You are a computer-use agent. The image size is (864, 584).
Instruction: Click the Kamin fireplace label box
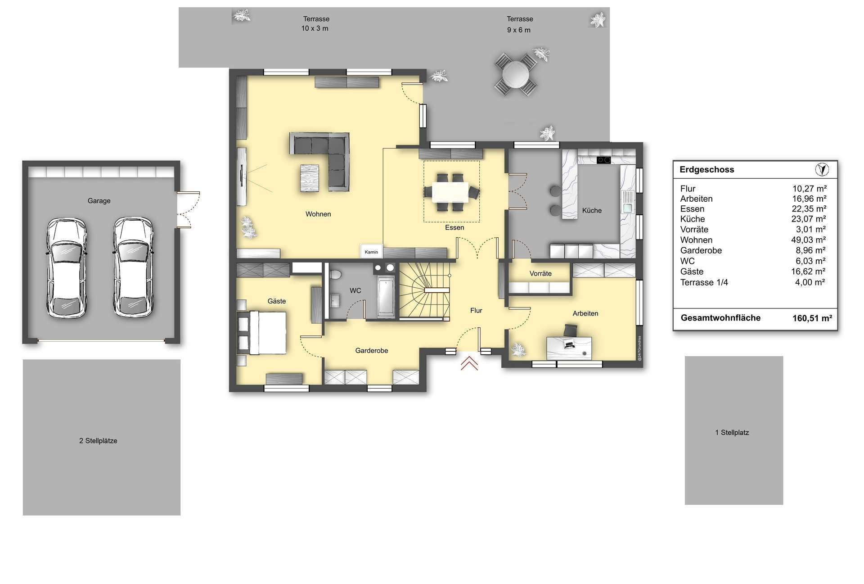[372, 252]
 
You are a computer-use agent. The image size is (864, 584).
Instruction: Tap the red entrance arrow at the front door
[469, 363]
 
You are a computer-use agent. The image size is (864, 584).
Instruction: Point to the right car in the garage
[133, 268]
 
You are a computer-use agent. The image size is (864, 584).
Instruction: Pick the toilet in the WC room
[335, 274]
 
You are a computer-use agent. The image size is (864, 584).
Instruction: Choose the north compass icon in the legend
[822, 169]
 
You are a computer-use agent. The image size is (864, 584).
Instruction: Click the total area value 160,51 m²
[812, 318]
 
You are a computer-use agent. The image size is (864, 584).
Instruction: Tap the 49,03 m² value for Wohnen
[809, 240]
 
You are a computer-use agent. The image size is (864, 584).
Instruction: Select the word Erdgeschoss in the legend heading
[706, 170]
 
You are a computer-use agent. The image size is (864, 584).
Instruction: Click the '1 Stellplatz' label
[732, 432]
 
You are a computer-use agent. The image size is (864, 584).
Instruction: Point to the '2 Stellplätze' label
[98, 441]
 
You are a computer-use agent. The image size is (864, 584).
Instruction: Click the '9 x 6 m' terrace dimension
[519, 30]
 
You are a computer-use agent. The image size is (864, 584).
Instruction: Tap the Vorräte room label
[540, 273]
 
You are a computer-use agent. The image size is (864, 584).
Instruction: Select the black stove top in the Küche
[604, 160]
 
